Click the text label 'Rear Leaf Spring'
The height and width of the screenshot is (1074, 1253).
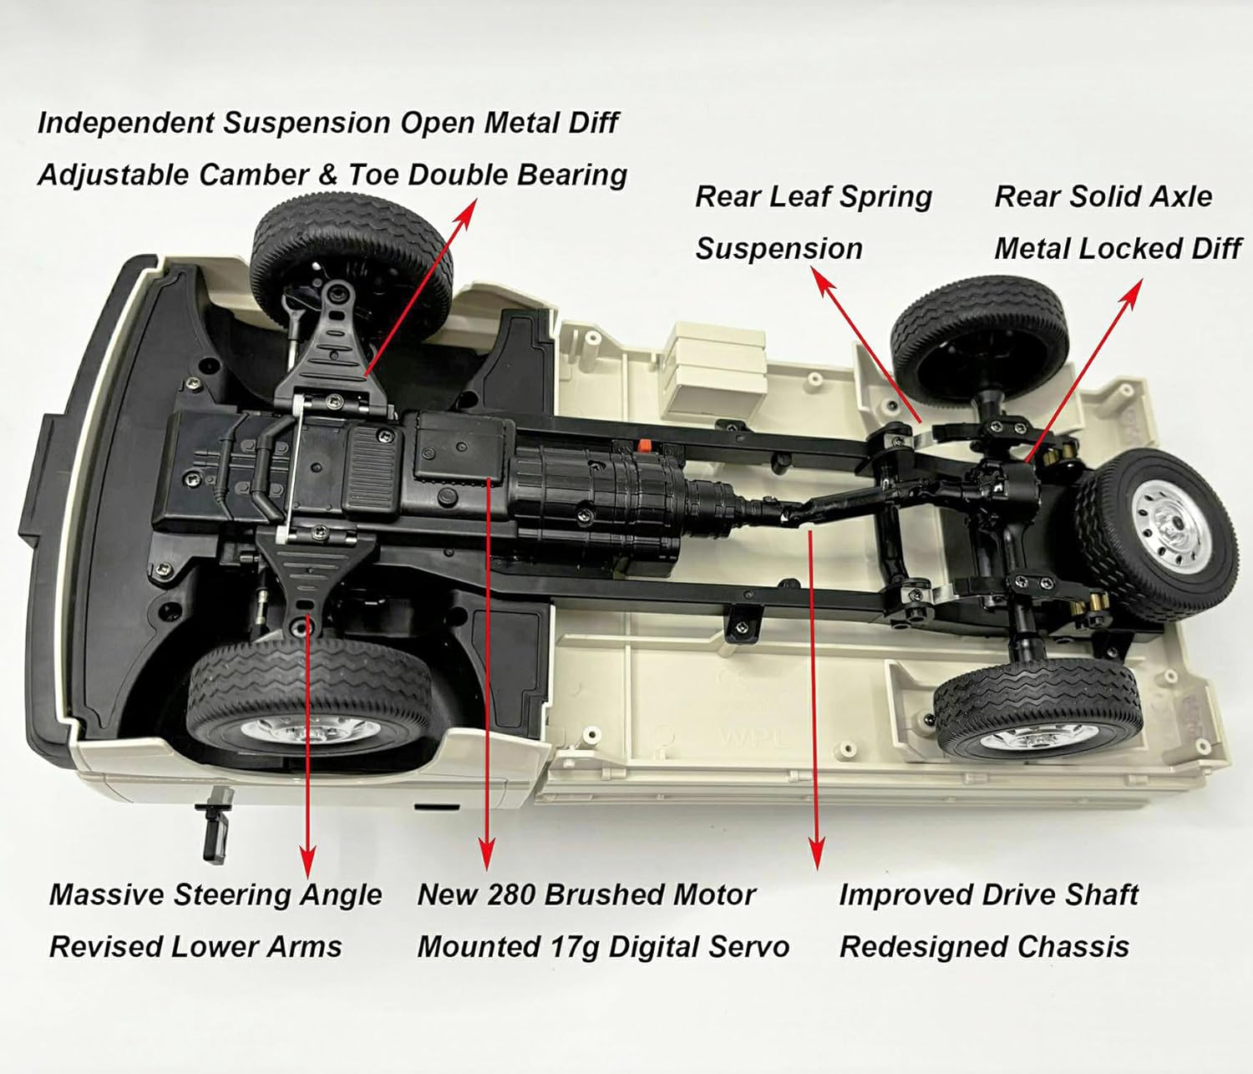coord(813,197)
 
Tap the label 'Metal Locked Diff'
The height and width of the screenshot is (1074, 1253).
coord(1117,249)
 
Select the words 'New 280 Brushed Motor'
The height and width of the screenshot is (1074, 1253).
coord(586,895)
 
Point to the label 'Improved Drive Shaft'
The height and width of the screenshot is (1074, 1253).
coord(988,895)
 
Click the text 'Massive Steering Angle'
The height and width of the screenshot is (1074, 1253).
coord(216,895)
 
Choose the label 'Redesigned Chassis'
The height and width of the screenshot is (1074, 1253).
coord(984,947)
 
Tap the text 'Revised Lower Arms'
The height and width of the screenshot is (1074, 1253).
coord(195,947)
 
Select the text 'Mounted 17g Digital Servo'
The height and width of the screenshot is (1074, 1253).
coord(602,947)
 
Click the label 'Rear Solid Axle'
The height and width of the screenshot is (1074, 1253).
coord(1103,197)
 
